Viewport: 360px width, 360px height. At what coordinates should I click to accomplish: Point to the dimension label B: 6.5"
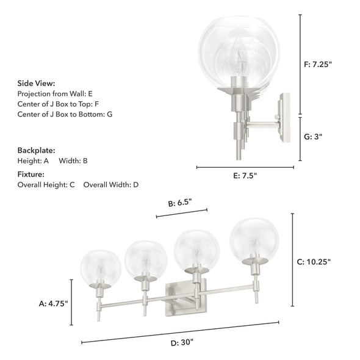click(x=182, y=204)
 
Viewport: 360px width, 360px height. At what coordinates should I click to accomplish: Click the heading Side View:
click(x=36, y=84)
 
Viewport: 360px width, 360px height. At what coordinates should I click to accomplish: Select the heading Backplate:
click(x=36, y=149)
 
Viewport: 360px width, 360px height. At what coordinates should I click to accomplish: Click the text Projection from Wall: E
click(x=55, y=94)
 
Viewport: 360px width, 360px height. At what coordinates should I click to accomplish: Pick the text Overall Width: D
click(x=111, y=184)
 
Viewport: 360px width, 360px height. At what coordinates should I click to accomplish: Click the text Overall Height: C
click(x=46, y=184)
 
